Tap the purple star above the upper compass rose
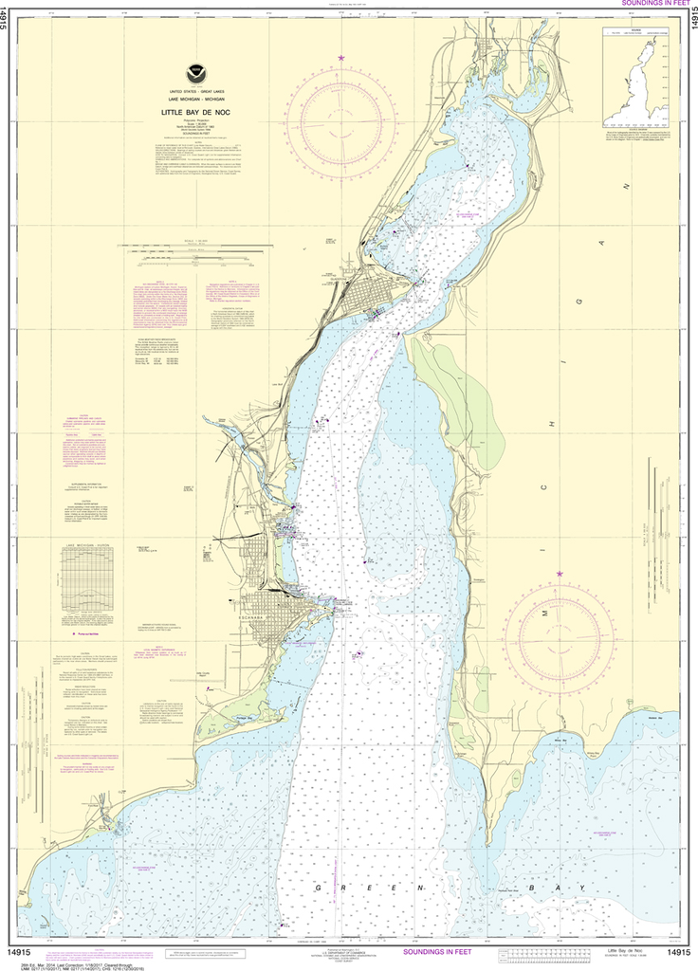[340, 59]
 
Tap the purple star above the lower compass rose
[560, 574]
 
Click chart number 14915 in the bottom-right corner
[678, 952]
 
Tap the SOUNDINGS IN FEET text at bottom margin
[442, 951]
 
